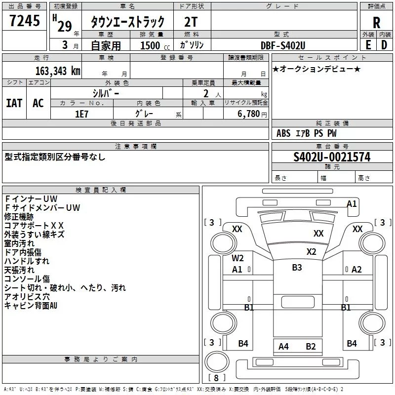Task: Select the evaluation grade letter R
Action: tap(376, 22)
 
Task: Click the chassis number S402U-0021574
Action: tap(332, 157)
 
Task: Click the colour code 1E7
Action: tap(82, 113)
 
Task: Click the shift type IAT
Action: tap(14, 103)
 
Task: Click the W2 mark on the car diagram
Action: tap(238, 258)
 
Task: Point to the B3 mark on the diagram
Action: tap(297, 268)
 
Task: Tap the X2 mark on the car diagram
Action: tap(311, 251)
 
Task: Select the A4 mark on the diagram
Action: tap(283, 346)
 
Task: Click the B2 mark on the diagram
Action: tap(311, 346)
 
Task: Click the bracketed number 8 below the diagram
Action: tap(216, 378)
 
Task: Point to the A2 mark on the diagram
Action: tap(356, 269)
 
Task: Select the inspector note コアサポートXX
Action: tap(34, 225)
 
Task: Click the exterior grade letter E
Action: tap(368, 45)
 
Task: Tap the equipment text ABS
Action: tap(283, 133)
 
